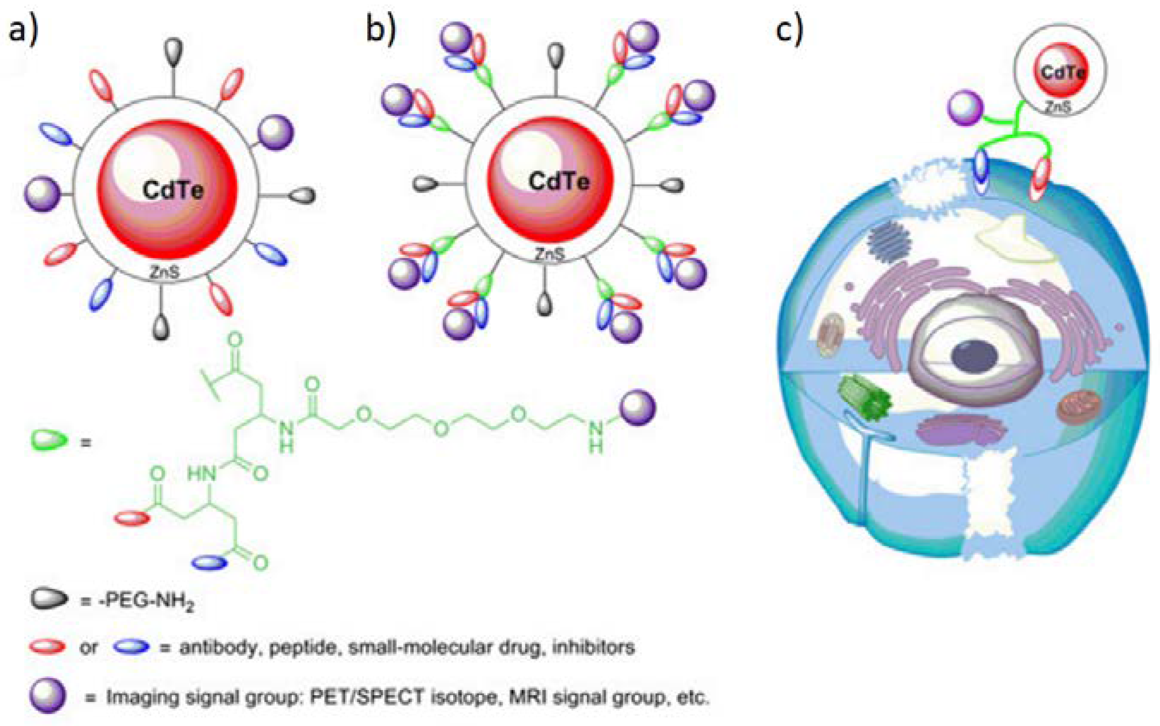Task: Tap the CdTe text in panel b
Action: pyautogui.click(x=559, y=182)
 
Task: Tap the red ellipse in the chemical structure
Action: pyautogui.click(x=132, y=518)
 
